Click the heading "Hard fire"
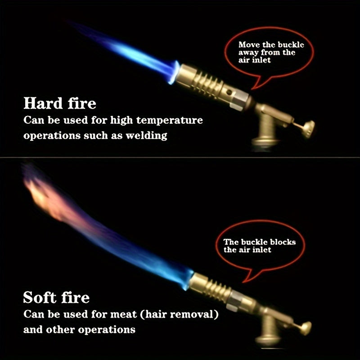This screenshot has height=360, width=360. pos(60,103)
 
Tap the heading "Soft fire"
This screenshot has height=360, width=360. pos(56,297)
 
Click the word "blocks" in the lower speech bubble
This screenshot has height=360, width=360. pos(281,242)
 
